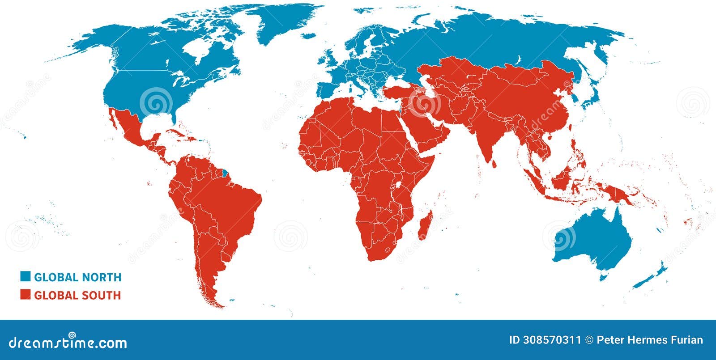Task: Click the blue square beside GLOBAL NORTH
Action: coord(25,276)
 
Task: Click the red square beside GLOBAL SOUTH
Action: coord(25,295)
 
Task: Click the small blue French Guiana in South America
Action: coord(225,171)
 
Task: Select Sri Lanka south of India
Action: coord(494,164)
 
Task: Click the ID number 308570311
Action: coord(545,340)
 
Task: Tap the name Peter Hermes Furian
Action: coord(650,340)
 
